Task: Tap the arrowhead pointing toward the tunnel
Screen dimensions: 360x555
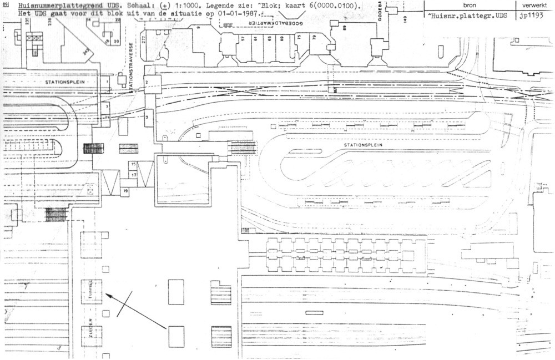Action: [x=108, y=296]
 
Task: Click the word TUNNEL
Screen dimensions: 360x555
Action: [x=92, y=289]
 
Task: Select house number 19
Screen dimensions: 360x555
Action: [x=125, y=191]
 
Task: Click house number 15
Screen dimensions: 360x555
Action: [x=133, y=165]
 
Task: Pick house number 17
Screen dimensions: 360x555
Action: [x=133, y=174]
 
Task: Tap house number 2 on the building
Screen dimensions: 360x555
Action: [x=146, y=82]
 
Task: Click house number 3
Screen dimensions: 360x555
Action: [x=147, y=118]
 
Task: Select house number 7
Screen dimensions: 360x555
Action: [x=107, y=105]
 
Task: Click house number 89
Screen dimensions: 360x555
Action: [x=344, y=28]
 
